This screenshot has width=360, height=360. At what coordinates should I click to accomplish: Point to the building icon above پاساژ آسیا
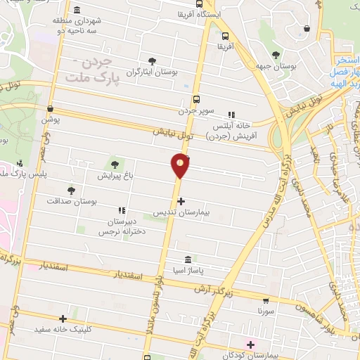coord(188,259)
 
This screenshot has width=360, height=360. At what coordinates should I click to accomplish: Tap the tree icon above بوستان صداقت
coord(70,190)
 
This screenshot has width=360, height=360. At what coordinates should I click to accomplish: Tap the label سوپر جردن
coord(194,111)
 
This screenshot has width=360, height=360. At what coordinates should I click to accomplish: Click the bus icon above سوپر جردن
coord(195,100)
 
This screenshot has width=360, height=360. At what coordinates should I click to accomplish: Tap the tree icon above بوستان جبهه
coord(274,54)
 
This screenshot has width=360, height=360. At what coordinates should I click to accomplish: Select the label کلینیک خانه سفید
coord(62,328)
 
